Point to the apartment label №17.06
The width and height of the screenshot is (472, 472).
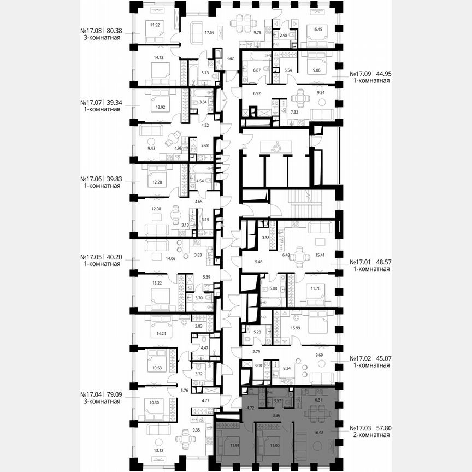click(x=91, y=179)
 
